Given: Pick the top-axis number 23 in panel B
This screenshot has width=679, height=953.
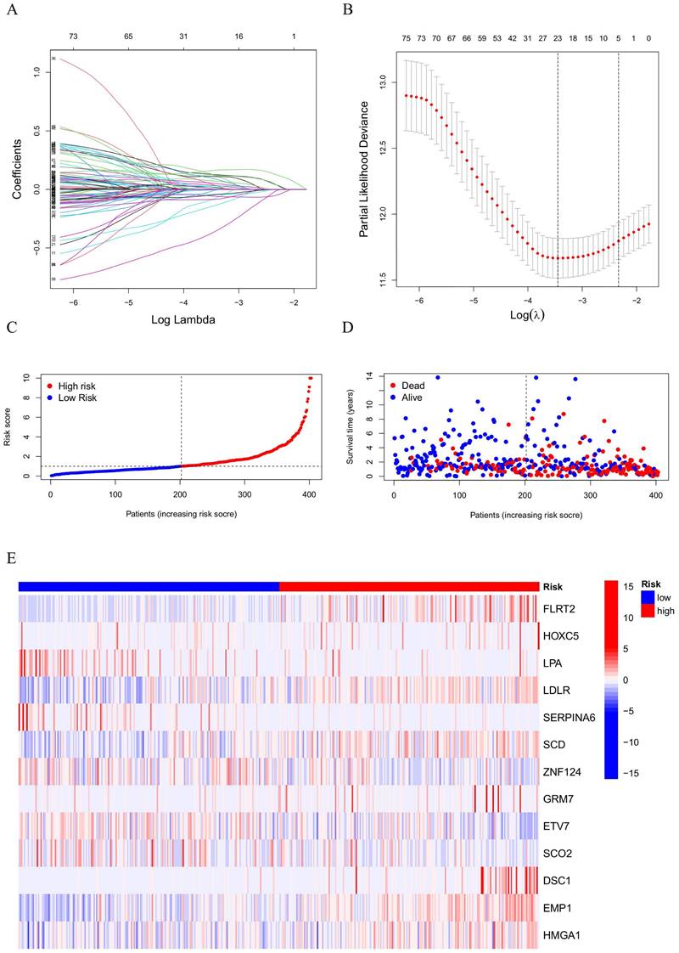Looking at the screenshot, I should [x=558, y=37].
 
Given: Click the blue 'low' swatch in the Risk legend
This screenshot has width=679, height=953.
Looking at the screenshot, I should [x=648, y=597].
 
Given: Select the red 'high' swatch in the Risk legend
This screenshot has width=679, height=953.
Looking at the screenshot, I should [x=648, y=611].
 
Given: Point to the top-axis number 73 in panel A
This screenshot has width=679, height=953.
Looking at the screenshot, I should [x=73, y=37].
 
